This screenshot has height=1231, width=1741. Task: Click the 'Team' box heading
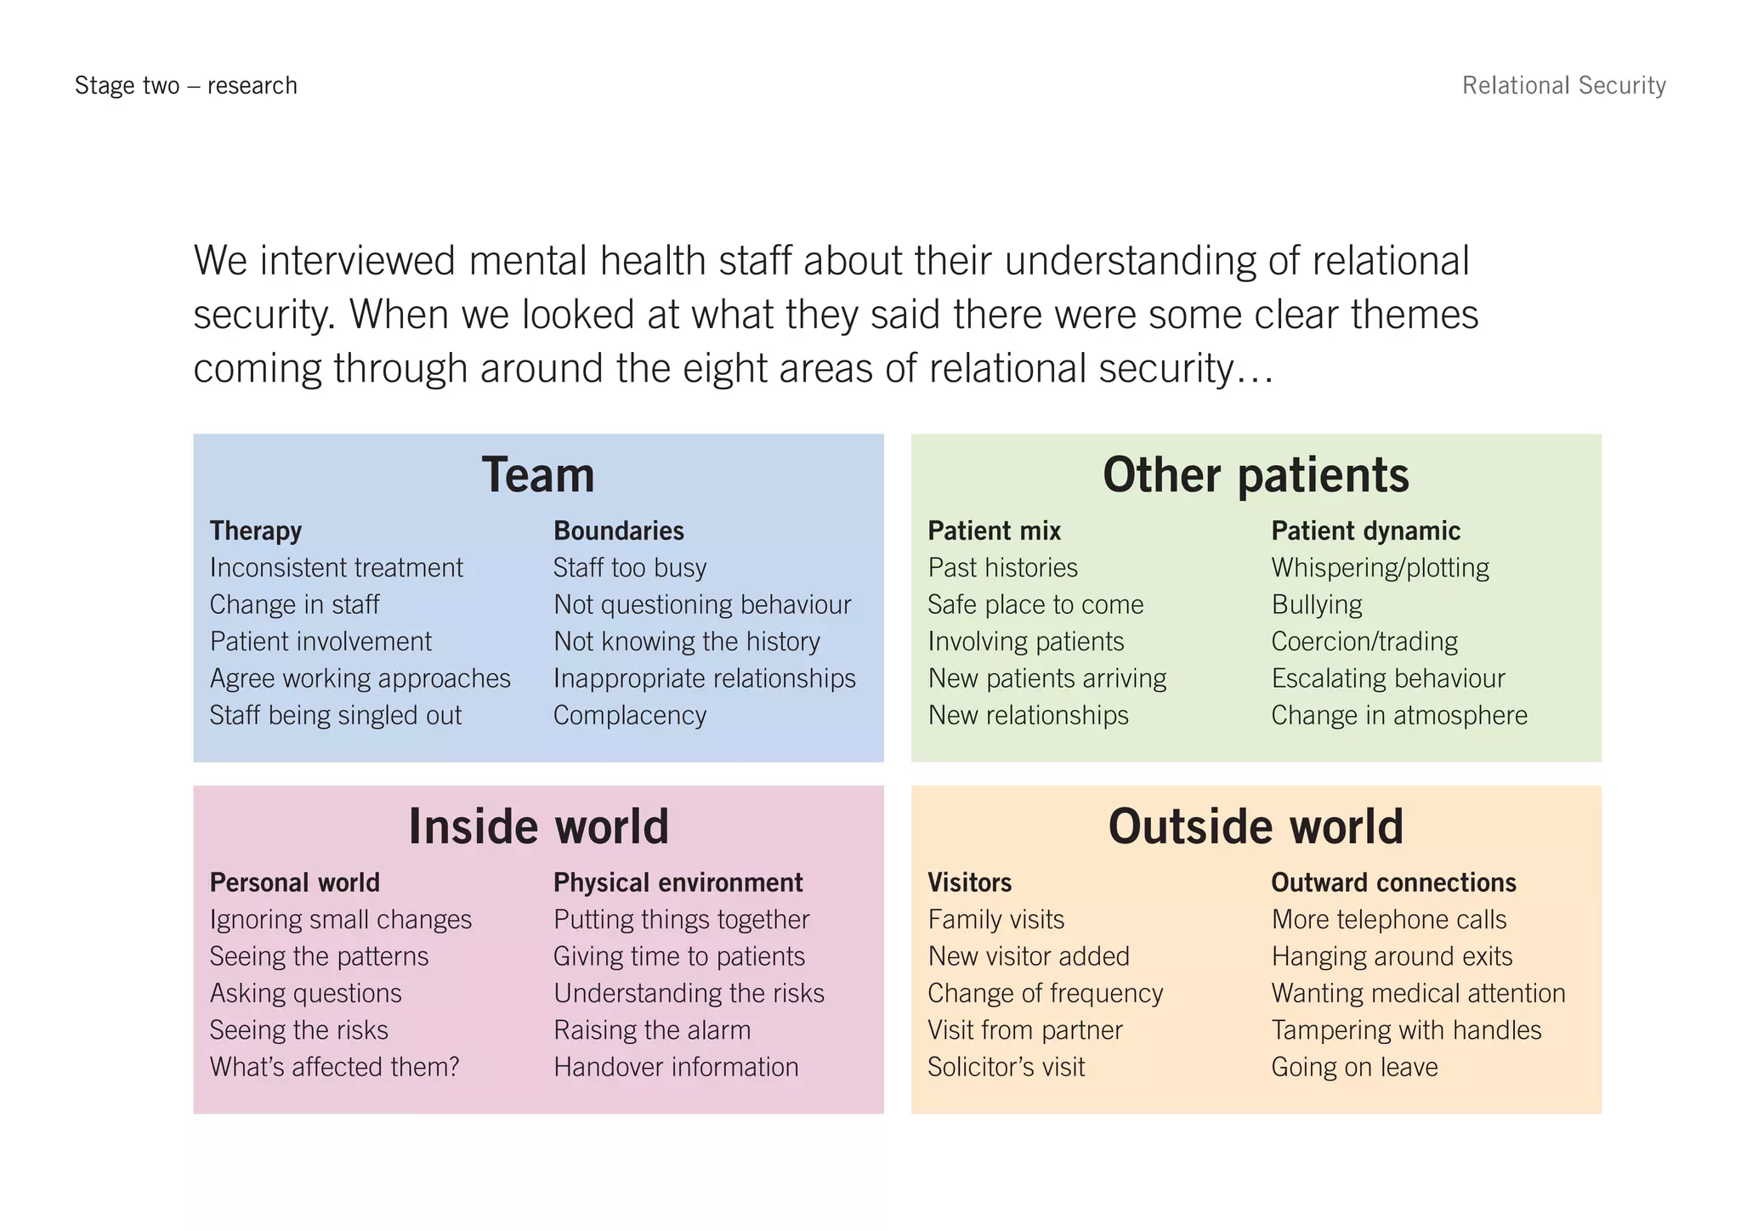pyautogui.click(x=538, y=474)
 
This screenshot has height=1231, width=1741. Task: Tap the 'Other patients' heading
pyautogui.click(x=1256, y=474)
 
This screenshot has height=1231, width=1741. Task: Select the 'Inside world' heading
pyautogui.click(x=538, y=826)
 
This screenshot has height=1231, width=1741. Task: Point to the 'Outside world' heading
pyautogui.click(x=1256, y=826)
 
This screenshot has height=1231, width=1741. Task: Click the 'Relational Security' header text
pyautogui.click(x=1563, y=86)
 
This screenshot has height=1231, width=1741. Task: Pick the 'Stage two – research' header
pyautogui.click(x=186, y=86)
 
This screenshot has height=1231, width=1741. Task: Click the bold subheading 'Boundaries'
pyautogui.click(x=618, y=531)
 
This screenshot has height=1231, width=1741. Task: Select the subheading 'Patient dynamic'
pyautogui.click(x=1365, y=531)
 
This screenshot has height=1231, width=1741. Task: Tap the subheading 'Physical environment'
pyautogui.click(x=678, y=882)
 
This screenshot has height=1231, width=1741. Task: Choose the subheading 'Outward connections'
pyautogui.click(x=1393, y=882)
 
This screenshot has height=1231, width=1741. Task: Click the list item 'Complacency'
pyautogui.click(x=630, y=716)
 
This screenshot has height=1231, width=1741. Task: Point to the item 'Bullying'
pyautogui.click(x=1317, y=605)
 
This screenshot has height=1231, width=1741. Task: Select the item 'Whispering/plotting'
pyautogui.click(x=1380, y=568)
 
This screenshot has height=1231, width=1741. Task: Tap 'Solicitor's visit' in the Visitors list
pyautogui.click(x=1006, y=1067)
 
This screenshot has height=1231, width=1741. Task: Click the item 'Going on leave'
pyautogui.click(x=1354, y=1067)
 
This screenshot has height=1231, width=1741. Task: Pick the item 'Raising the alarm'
pyautogui.click(x=652, y=1030)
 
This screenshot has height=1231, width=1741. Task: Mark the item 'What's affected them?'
pyautogui.click(x=334, y=1067)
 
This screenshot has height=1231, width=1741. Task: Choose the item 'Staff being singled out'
pyautogui.click(x=336, y=716)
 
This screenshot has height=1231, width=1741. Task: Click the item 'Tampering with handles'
pyautogui.click(x=1406, y=1030)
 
